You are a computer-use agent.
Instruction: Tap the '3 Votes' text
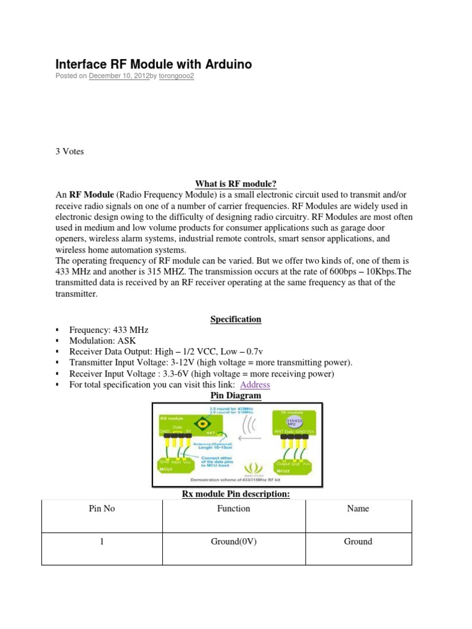click(x=69, y=152)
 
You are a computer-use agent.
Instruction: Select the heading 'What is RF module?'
click(x=236, y=183)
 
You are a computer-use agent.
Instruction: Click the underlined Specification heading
click(x=236, y=319)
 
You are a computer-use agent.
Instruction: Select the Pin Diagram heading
click(x=236, y=396)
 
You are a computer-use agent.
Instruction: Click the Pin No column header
click(x=102, y=509)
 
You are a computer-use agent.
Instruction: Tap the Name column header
click(x=358, y=509)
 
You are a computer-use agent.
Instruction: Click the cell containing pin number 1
click(x=102, y=541)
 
